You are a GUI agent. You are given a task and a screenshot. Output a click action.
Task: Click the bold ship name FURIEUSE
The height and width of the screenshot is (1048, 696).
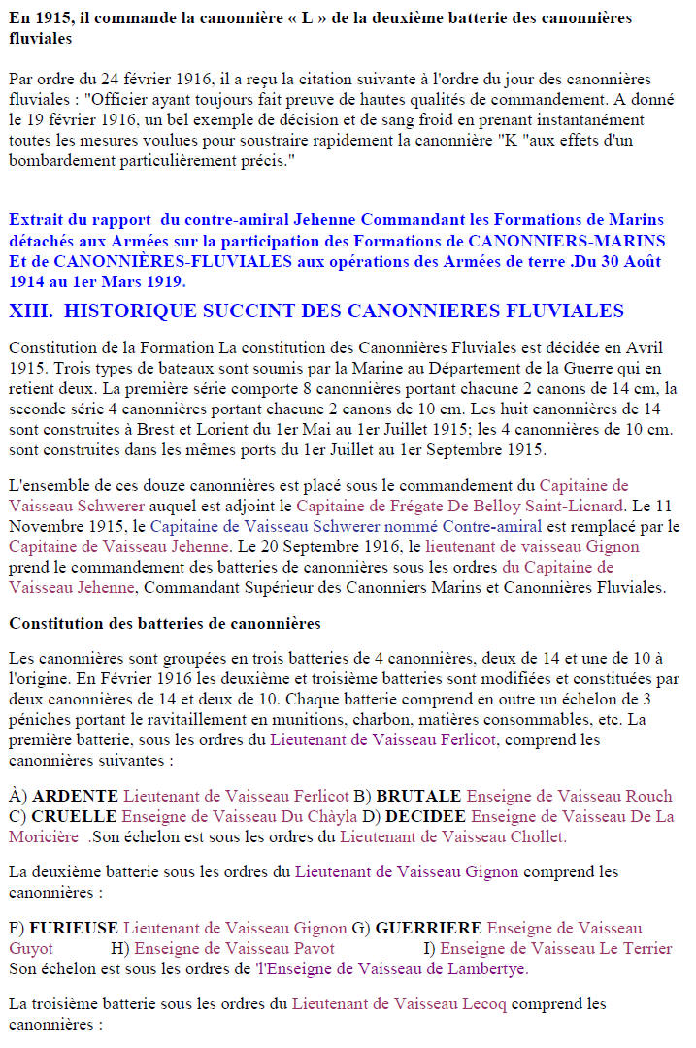pyautogui.click(x=74, y=929)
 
